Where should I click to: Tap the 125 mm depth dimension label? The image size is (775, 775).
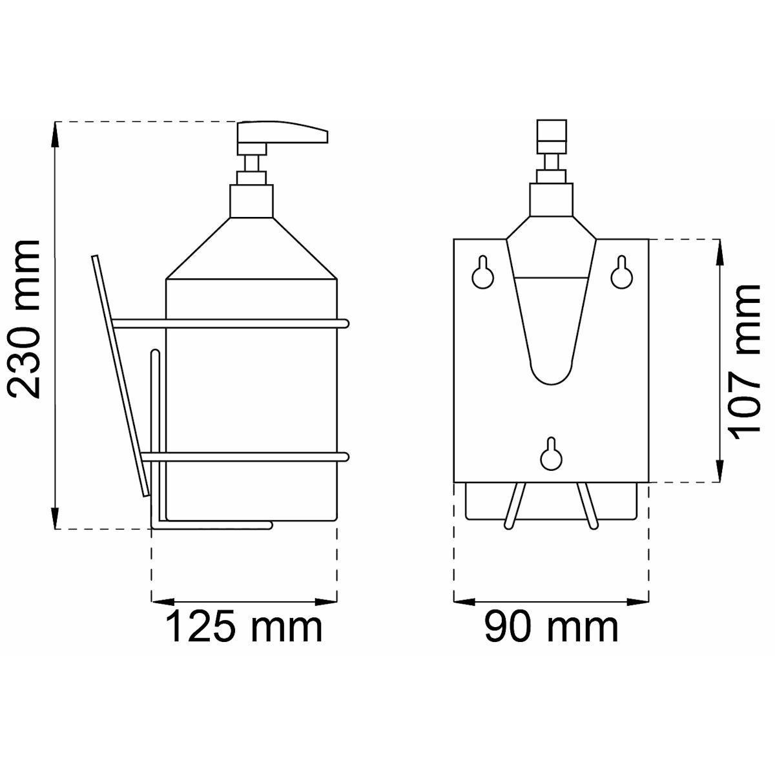(x=243, y=626)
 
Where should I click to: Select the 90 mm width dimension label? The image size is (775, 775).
(x=551, y=626)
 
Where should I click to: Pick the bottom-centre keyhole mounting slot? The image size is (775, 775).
(x=551, y=453)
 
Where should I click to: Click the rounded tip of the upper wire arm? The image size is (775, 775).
(x=344, y=324)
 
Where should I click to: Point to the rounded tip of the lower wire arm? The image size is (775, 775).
(x=344, y=457)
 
